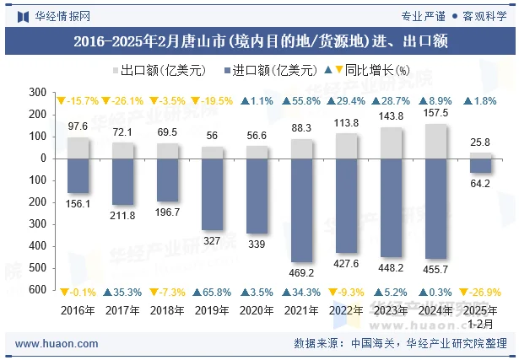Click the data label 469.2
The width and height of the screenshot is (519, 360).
click(x=302, y=272)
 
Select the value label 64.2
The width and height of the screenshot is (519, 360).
click(x=481, y=184)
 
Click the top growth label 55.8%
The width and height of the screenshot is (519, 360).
click(x=301, y=101)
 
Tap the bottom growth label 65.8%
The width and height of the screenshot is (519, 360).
click(x=212, y=292)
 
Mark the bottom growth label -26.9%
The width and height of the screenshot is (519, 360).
click(x=480, y=292)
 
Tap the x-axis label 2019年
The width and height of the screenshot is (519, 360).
click(x=213, y=309)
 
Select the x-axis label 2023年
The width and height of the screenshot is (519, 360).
click(x=392, y=309)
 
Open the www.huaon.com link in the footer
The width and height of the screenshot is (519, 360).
click(x=57, y=344)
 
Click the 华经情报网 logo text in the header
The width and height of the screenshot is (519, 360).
click(x=62, y=15)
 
